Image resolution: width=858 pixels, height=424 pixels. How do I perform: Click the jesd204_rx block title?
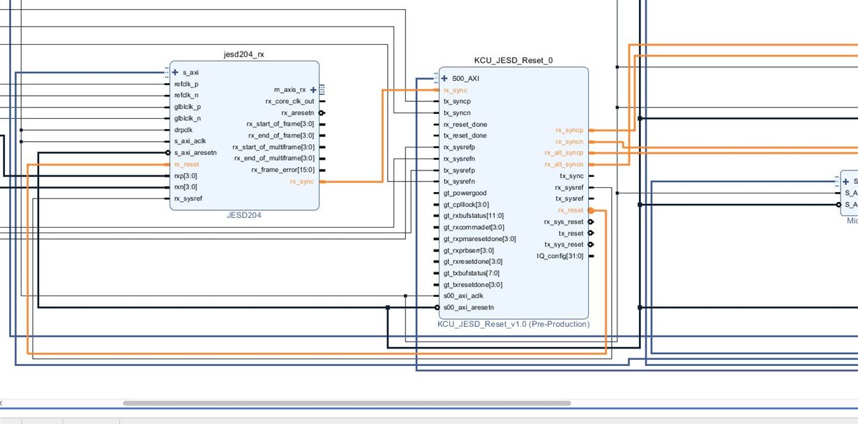click(244, 54)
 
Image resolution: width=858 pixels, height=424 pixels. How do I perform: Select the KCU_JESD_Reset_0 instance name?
click(513, 61)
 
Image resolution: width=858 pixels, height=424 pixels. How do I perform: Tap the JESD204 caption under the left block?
click(244, 215)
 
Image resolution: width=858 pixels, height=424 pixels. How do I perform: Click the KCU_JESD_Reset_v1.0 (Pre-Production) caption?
click(513, 324)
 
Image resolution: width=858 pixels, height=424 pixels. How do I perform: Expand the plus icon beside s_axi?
click(175, 73)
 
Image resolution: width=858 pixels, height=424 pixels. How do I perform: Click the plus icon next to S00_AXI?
click(444, 79)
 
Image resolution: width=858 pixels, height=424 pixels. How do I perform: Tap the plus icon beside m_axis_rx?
click(313, 90)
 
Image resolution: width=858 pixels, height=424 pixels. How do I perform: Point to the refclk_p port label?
click(186, 84)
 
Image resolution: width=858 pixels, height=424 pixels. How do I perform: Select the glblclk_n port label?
click(188, 119)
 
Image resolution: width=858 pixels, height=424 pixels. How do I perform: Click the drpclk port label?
click(183, 130)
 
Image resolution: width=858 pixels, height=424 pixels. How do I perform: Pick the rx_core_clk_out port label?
click(289, 101)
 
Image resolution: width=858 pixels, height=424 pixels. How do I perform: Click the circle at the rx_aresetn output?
click(322, 113)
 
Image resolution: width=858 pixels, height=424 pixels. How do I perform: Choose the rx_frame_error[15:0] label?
click(283, 170)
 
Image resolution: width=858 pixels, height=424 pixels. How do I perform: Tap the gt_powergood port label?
click(465, 193)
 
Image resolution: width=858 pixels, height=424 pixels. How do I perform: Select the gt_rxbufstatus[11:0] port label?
click(474, 216)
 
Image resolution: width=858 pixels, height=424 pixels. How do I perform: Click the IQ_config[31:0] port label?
click(559, 256)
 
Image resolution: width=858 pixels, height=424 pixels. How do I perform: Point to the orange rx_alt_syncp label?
click(564, 153)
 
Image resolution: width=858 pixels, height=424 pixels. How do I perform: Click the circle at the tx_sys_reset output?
click(591, 244)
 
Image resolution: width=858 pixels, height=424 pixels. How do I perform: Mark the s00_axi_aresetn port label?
click(469, 307)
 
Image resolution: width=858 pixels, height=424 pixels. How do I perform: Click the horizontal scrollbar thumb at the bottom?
click(347, 403)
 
